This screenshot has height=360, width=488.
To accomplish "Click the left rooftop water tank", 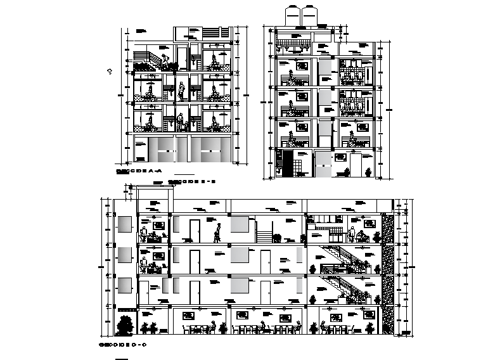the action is pos(294,15).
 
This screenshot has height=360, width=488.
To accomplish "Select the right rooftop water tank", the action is pos(309,15).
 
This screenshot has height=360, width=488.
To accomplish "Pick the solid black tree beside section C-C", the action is pos(125,325).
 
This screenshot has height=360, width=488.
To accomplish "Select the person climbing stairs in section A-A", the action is pos(165,62).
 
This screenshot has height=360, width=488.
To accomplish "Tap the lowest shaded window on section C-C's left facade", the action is pos(124,286).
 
